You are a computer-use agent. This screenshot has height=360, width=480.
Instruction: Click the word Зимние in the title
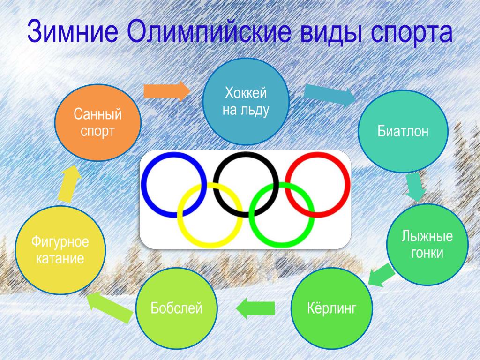pos(73,31)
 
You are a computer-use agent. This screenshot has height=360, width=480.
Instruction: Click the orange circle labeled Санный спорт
pos(97,123)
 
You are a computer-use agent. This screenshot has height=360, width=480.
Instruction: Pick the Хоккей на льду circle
pos(246,101)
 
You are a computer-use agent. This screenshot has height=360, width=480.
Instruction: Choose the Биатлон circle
pos(403,131)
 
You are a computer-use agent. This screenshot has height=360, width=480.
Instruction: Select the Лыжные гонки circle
pos(427,244)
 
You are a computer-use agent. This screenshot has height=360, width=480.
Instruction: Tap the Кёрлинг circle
pos(331,308)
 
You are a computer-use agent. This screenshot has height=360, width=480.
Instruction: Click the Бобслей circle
pos(177,308)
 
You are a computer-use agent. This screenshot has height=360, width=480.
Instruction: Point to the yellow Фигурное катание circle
pos(60,250)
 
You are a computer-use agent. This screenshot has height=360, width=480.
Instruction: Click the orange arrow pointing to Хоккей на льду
pos(167,91)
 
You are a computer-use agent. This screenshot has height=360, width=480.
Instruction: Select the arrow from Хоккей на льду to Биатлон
pos(330,95)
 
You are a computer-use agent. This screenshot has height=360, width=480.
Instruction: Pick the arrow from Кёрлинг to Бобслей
pos(255,308)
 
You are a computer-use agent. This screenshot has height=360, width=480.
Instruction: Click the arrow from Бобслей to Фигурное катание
pos(110,307)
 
